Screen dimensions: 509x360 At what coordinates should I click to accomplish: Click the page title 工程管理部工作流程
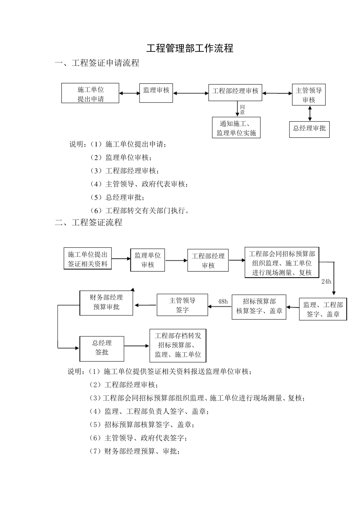[190, 48]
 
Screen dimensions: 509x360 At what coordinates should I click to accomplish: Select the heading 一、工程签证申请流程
[97, 63]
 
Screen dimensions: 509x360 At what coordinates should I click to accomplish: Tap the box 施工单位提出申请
[90, 94]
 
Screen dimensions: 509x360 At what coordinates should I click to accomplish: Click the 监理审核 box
[156, 92]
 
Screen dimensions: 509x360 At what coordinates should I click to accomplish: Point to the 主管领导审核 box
[308, 95]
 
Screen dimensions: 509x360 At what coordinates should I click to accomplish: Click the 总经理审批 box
[309, 128]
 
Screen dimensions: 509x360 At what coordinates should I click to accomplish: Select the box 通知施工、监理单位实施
[236, 128]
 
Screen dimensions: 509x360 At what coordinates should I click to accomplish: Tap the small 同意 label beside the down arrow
[243, 110]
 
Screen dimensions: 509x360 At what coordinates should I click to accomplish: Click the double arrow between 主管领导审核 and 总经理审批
[310, 113]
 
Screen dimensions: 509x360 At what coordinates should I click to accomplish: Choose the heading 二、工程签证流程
[89, 223]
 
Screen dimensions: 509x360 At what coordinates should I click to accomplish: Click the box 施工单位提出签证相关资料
[88, 259]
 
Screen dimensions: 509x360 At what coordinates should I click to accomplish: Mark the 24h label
[326, 281]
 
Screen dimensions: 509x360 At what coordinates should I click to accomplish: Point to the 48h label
[223, 301]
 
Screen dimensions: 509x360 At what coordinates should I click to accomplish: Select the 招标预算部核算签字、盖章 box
[259, 306]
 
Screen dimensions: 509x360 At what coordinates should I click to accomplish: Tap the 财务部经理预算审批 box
[106, 303]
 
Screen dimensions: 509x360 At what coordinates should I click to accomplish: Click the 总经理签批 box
[102, 348]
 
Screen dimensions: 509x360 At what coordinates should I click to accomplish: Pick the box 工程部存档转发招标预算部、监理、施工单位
[178, 345]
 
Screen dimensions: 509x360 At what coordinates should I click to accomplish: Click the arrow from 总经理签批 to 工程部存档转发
[137, 346]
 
